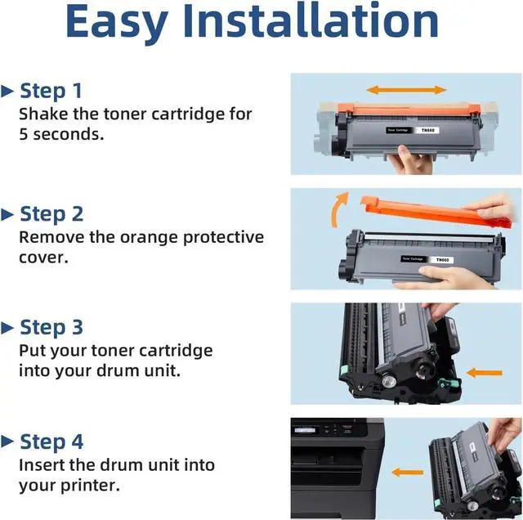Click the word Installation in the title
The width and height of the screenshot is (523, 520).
pos(311,20)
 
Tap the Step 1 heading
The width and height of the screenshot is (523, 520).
pos(51,91)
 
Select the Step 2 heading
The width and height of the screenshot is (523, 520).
pos(51,214)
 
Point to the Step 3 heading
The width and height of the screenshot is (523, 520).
pos(51,327)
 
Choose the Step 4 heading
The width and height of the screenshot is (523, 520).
pos(51,442)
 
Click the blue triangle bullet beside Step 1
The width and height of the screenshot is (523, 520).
pos(7,91)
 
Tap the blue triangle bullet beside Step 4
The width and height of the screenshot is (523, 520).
pos(7,442)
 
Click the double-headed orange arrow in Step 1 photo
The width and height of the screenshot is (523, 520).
pos(406,90)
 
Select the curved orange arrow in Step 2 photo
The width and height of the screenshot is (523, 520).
pos(337,208)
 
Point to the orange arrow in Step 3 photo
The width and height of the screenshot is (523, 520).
pos(484,373)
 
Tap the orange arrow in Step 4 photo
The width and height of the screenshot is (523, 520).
pos(407,473)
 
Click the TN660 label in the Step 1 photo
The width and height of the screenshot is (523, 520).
pos(427,130)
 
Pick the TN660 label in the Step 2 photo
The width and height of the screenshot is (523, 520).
pos(442,260)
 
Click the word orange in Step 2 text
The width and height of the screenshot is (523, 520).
pos(149,238)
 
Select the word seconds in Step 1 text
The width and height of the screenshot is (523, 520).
pos(69,134)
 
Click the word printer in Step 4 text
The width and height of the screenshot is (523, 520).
pos(90,486)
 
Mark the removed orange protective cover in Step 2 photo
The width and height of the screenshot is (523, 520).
pos(436,212)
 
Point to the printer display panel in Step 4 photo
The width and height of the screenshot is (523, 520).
pos(305,430)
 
